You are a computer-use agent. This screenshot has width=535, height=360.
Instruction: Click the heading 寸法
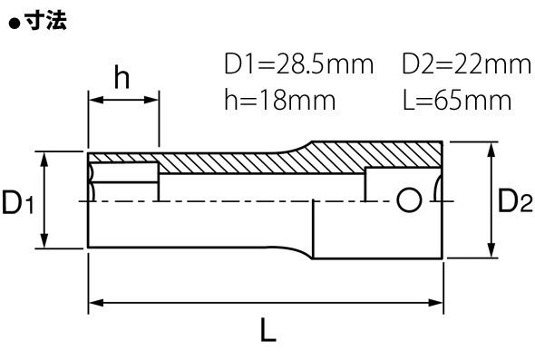pyautogui.click(x=46, y=21)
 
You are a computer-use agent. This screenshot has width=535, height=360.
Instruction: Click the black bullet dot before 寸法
pyautogui.click(x=15, y=24)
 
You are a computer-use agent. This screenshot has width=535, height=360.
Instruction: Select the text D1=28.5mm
pyautogui.click(x=299, y=63)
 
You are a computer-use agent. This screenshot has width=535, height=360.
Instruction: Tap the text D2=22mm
pyautogui.click(x=467, y=63)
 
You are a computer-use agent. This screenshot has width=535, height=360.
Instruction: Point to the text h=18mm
pyautogui.click(x=280, y=100)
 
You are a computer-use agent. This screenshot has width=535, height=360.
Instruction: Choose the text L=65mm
pyautogui.click(x=457, y=100)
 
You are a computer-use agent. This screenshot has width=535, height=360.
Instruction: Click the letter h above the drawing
pyautogui.click(x=122, y=77)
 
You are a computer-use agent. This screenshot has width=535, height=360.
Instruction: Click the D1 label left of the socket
pyautogui.click(x=18, y=202)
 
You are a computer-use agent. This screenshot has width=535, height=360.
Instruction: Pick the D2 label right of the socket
pyautogui.click(x=515, y=200)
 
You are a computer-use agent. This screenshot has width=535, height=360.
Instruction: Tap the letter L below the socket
pyautogui.click(x=267, y=330)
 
